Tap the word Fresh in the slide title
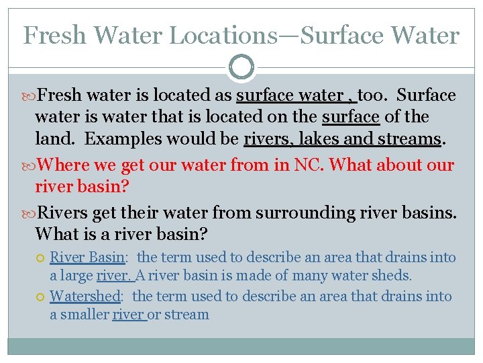(x=54, y=36)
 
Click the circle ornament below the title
(x=241, y=67)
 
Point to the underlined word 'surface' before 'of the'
(x=351, y=117)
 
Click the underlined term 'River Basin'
(x=87, y=257)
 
